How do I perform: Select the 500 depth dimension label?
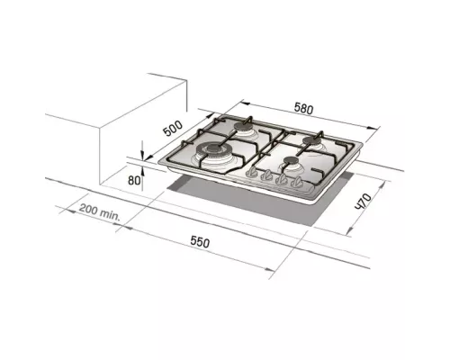pyautogui.click(x=173, y=127)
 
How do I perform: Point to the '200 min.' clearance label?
pyautogui.click(x=99, y=212)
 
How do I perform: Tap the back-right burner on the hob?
pyautogui.click(x=312, y=140)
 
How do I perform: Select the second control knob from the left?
pyautogui.click(x=265, y=179)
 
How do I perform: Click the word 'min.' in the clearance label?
pyautogui.click(x=110, y=214)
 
